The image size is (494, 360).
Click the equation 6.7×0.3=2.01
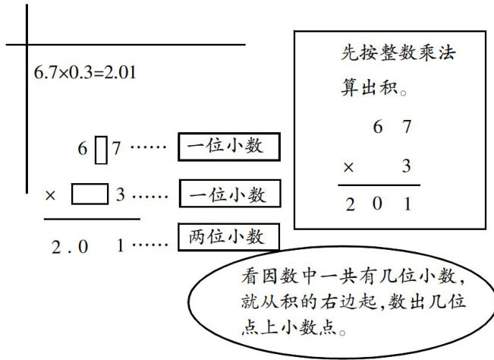(x=86, y=73)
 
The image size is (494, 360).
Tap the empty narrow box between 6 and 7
(x=101, y=148)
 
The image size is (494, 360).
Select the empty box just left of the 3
(x=90, y=194)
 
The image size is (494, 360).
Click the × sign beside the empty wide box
(x=51, y=195)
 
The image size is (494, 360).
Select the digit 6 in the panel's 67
(x=377, y=127)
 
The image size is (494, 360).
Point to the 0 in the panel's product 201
(x=377, y=204)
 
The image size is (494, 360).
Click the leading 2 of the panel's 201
(x=350, y=204)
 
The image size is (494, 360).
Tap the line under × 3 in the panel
(x=379, y=185)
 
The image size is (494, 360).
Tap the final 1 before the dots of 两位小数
(x=121, y=245)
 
